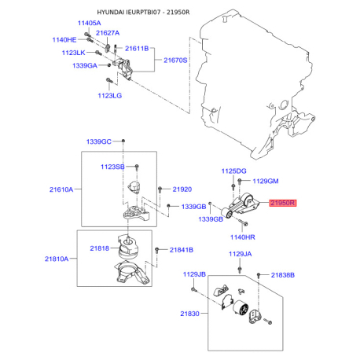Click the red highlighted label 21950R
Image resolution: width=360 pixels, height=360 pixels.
click(x=282, y=203)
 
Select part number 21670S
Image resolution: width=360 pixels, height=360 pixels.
click(x=176, y=59)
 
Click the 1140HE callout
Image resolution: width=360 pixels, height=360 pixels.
click(x=64, y=39)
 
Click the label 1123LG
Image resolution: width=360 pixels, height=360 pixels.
click(x=111, y=95)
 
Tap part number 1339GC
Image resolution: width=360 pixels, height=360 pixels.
click(x=98, y=141)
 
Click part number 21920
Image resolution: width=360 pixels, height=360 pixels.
click(x=182, y=189)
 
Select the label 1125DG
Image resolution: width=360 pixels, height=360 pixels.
click(x=233, y=171)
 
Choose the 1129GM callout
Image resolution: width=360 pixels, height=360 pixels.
click(x=266, y=181)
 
